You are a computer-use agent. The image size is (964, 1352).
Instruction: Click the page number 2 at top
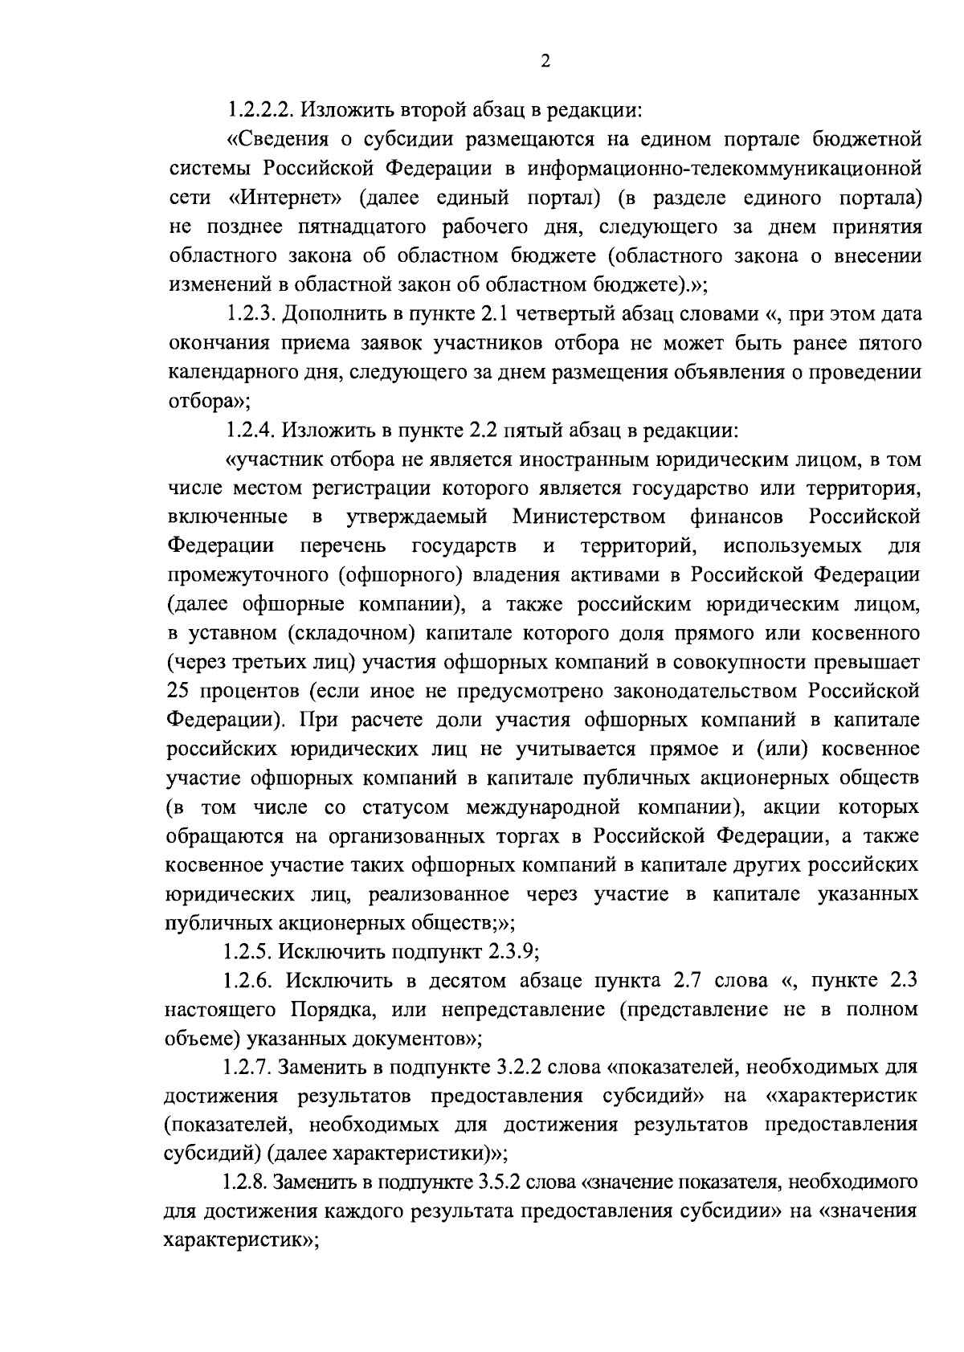point(545,62)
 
